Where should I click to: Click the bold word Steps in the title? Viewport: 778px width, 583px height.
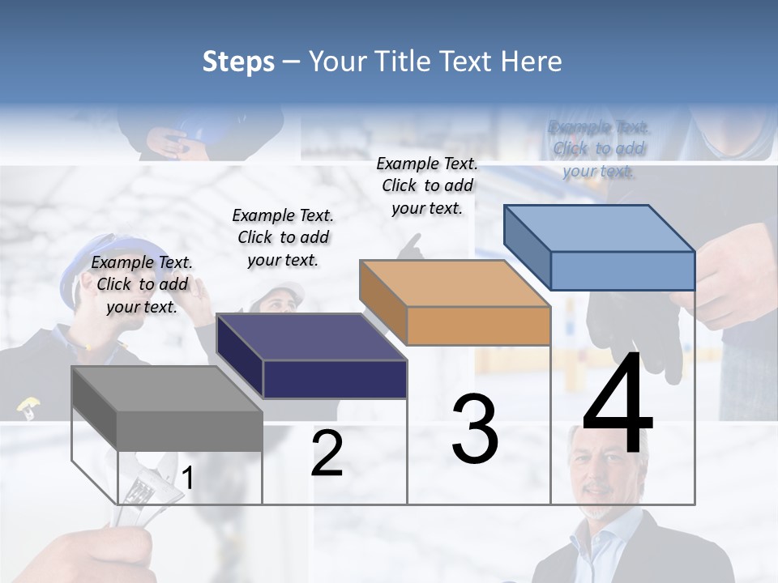(x=238, y=62)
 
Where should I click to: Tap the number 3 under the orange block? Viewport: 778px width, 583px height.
(x=475, y=429)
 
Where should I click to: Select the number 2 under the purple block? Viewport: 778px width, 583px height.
(x=327, y=453)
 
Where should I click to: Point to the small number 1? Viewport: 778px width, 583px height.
(x=187, y=479)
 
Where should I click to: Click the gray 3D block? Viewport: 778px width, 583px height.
(x=167, y=409)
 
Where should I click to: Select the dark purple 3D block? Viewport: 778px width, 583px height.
(x=312, y=356)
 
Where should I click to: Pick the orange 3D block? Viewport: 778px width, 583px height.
(x=455, y=303)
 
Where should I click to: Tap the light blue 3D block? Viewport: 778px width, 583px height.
(x=600, y=248)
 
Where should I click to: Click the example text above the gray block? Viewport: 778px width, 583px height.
(x=143, y=284)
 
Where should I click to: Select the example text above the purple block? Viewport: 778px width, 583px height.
(x=283, y=237)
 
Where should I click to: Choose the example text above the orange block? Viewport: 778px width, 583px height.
(x=427, y=185)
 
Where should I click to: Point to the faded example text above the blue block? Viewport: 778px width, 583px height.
(x=599, y=149)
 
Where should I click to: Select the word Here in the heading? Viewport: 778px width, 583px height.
(x=532, y=62)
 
